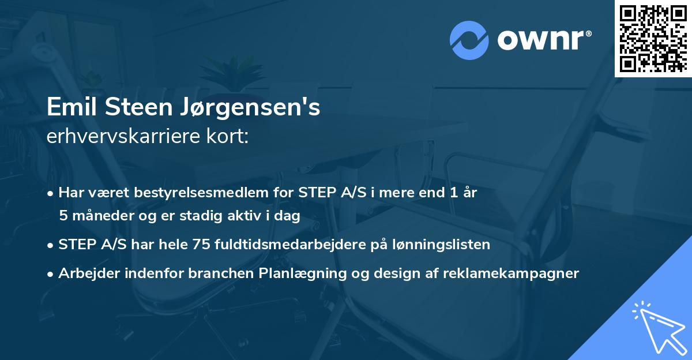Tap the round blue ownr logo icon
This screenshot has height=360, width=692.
click(469, 40)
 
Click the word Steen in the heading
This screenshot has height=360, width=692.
click(134, 107)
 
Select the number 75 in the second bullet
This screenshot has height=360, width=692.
click(201, 245)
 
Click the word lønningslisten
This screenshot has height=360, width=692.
click(440, 245)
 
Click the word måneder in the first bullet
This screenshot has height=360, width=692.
click(100, 216)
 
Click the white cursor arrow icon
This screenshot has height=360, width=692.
click(657, 326)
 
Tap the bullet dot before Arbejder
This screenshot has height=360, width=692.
click(51, 273)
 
